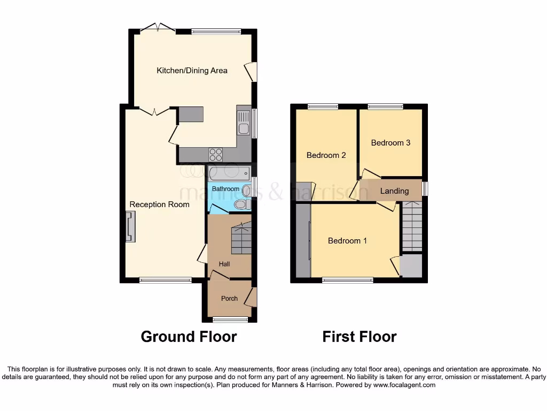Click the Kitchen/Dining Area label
coord(192,70)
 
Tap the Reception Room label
coord(159,204)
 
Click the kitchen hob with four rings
coord(216,154)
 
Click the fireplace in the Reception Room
coord(130,226)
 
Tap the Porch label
coord(229,298)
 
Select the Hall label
coord(224,264)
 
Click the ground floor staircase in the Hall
coord(241,239)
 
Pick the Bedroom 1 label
coord(347,241)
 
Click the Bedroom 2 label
coord(326,155)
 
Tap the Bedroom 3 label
coord(390,143)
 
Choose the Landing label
coord(394,191)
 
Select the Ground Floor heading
coord(189,337)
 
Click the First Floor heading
coord(359,337)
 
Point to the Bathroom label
coord(225,189)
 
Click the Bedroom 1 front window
coord(348,279)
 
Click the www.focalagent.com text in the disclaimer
coord(404,385)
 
